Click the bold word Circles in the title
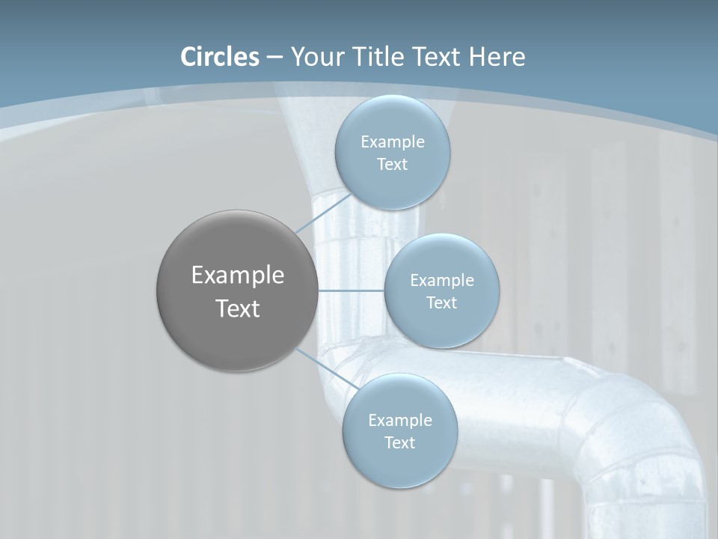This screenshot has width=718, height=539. (x=220, y=57)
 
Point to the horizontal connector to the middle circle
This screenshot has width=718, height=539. (x=351, y=290)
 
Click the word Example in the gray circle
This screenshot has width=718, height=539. (x=238, y=275)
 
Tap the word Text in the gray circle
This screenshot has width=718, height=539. (x=238, y=308)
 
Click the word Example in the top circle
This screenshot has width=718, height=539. (x=392, y=141)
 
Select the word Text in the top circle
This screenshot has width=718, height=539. (x=392, y=164)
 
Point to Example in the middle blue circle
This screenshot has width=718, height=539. (x=441, y=280)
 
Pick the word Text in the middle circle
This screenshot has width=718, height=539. (x=441, y=302)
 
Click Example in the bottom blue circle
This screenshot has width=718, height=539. (x=399, y=420)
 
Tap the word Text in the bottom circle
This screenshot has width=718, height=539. (x=399, y=442)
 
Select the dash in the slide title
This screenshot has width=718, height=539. (x=274, y=58)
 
